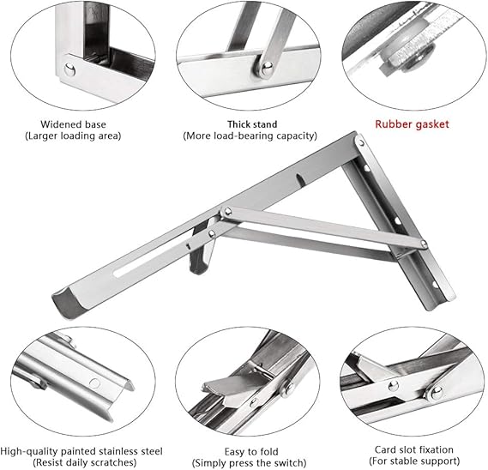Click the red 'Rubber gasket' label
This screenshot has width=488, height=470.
pyautogui.click(x=412, y=124)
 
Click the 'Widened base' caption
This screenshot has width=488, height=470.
pyautogui.click(x=73, y=124)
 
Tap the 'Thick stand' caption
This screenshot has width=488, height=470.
pyautogui.click(x=252, y=124)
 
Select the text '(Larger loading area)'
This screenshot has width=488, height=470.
pyautogui.click(x=73, y=136)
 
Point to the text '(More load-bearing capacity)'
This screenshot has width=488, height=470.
pyautogui.click(x=250, y=136)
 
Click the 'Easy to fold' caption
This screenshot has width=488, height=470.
pyautogui.click(x=251, y=452)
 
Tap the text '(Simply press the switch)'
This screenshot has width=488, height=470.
pyautogui.click(x=249, y=463)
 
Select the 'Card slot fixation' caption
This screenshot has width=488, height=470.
pyautogui.click(x=414, y=449)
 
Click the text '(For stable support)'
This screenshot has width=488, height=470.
pyautogui.click(x=414, y=461)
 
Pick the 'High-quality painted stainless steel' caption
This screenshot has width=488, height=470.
pyautogui.click(x=81, y=451)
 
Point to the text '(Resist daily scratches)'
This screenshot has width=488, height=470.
pyautogui.click(x=85, y=462)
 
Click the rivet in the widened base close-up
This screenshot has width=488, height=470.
pyautogui.click(x=69, y=69)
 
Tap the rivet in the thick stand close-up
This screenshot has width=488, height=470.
pyautogui.click(x=267, y=68)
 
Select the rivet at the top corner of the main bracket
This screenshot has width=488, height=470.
pyautogui.click(x=361, y=143)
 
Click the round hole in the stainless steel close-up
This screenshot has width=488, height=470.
pyautogui.click(x=94, y=383)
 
